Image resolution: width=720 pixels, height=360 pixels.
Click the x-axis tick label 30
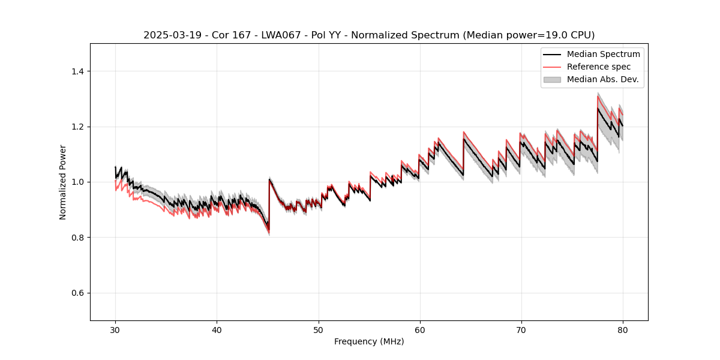(115, 330)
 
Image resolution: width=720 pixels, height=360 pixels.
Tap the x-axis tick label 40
(217, 330)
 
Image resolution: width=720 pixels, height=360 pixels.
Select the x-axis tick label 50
(318, 330)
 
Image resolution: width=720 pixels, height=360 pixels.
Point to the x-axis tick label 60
(419, 330)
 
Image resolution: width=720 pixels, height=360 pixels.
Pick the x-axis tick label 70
(521, 330)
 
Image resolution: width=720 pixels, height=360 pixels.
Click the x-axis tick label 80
(622, 330)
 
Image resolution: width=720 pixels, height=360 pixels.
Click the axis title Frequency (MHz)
(369, 341)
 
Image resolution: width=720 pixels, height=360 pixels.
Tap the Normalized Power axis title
(63, 182)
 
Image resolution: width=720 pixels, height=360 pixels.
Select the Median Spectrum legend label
(603, 54)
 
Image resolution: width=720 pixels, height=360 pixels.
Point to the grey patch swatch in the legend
(552, 79)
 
